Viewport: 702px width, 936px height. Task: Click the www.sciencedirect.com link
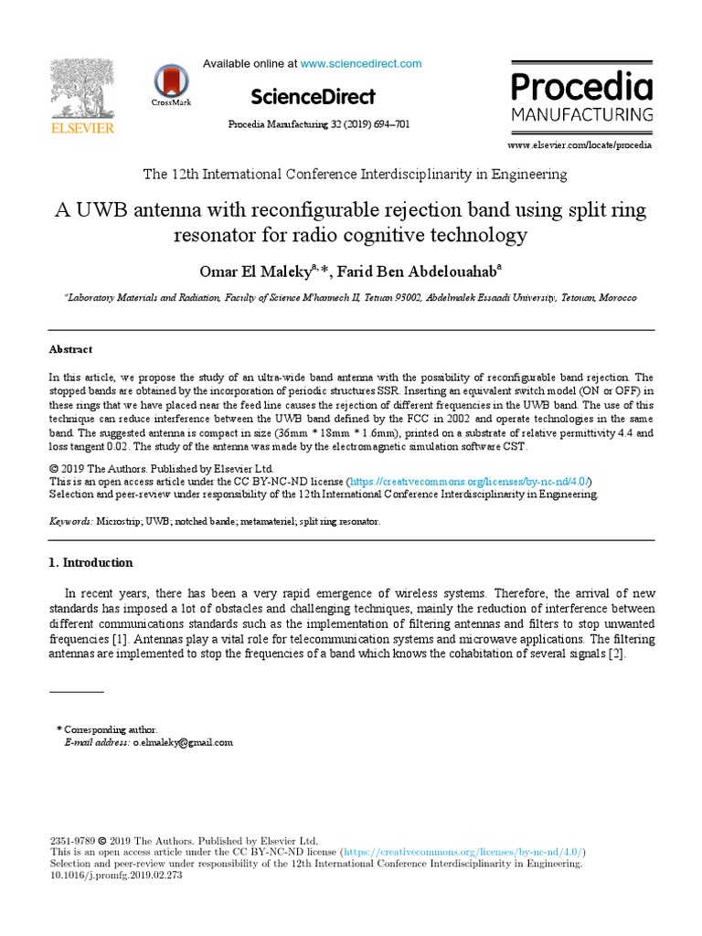point(361,64)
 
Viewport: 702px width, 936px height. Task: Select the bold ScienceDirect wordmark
point(312,96)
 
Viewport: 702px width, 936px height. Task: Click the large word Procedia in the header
point(581,88)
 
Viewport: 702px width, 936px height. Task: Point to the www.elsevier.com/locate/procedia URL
point(580,144)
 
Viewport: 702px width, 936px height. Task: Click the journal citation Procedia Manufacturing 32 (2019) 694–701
point(318,124)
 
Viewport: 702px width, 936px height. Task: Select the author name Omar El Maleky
point(259,271)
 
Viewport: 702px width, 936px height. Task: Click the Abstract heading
point(70,349)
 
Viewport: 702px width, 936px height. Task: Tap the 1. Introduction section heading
point(90,562)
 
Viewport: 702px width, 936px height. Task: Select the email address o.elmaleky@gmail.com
point(183,742)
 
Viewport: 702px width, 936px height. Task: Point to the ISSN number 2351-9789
point(70,839)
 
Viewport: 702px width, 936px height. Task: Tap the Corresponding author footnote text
point(111,729)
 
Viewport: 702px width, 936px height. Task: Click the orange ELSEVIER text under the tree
point(82,129)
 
